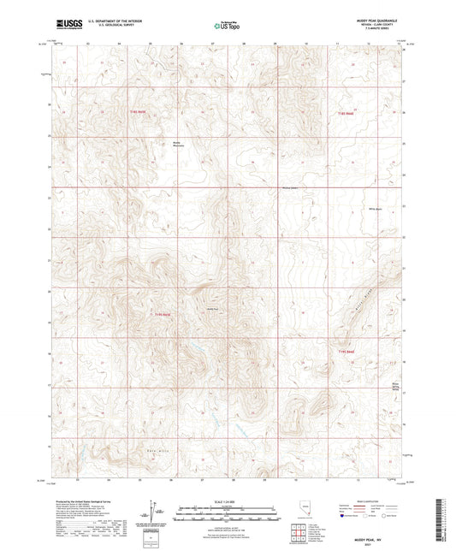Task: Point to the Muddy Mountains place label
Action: click(x=178, y=143)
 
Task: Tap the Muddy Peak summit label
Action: click(x=211, y=309)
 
